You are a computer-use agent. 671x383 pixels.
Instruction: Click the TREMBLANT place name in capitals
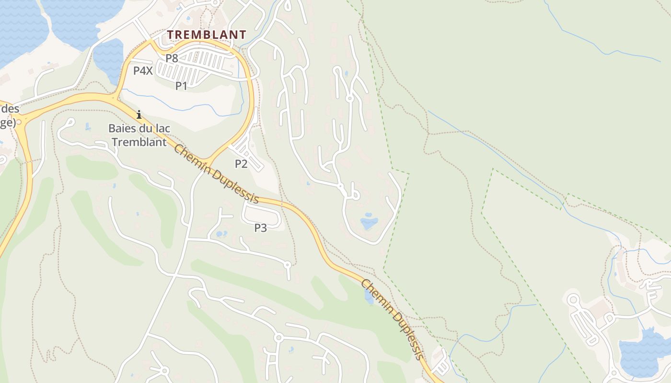pyautogui.click(x=207, y=34)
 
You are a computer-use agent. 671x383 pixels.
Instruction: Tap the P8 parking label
pyautogui.click(x=172, y=58)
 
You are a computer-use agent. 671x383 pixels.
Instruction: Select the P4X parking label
pyautogui.click(x=143, y=71)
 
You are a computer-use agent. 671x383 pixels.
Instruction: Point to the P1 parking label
pyautogui.click(x=181, y=86)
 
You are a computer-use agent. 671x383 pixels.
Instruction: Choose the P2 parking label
pyautogui.click(x=241, y=164)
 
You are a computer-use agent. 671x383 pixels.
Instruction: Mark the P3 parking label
pyautogui.click(x=260, y=228)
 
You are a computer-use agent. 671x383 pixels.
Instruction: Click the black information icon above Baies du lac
pyautogui.click(x=139, y=115)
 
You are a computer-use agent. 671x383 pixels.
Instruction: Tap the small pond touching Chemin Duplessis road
pyautogui.click(x=369, y=296)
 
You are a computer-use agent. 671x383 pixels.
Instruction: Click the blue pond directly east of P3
pyautogui.click(x=369, y=223)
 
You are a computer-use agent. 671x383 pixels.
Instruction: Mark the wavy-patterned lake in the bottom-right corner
pyautogui.click(x=642, y=352)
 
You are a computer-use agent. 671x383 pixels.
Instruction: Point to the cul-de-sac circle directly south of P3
pyautogui.click(x=288, y=264)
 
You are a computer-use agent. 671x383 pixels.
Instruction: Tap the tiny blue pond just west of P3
pyautogui.click(x=221, y=234)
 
